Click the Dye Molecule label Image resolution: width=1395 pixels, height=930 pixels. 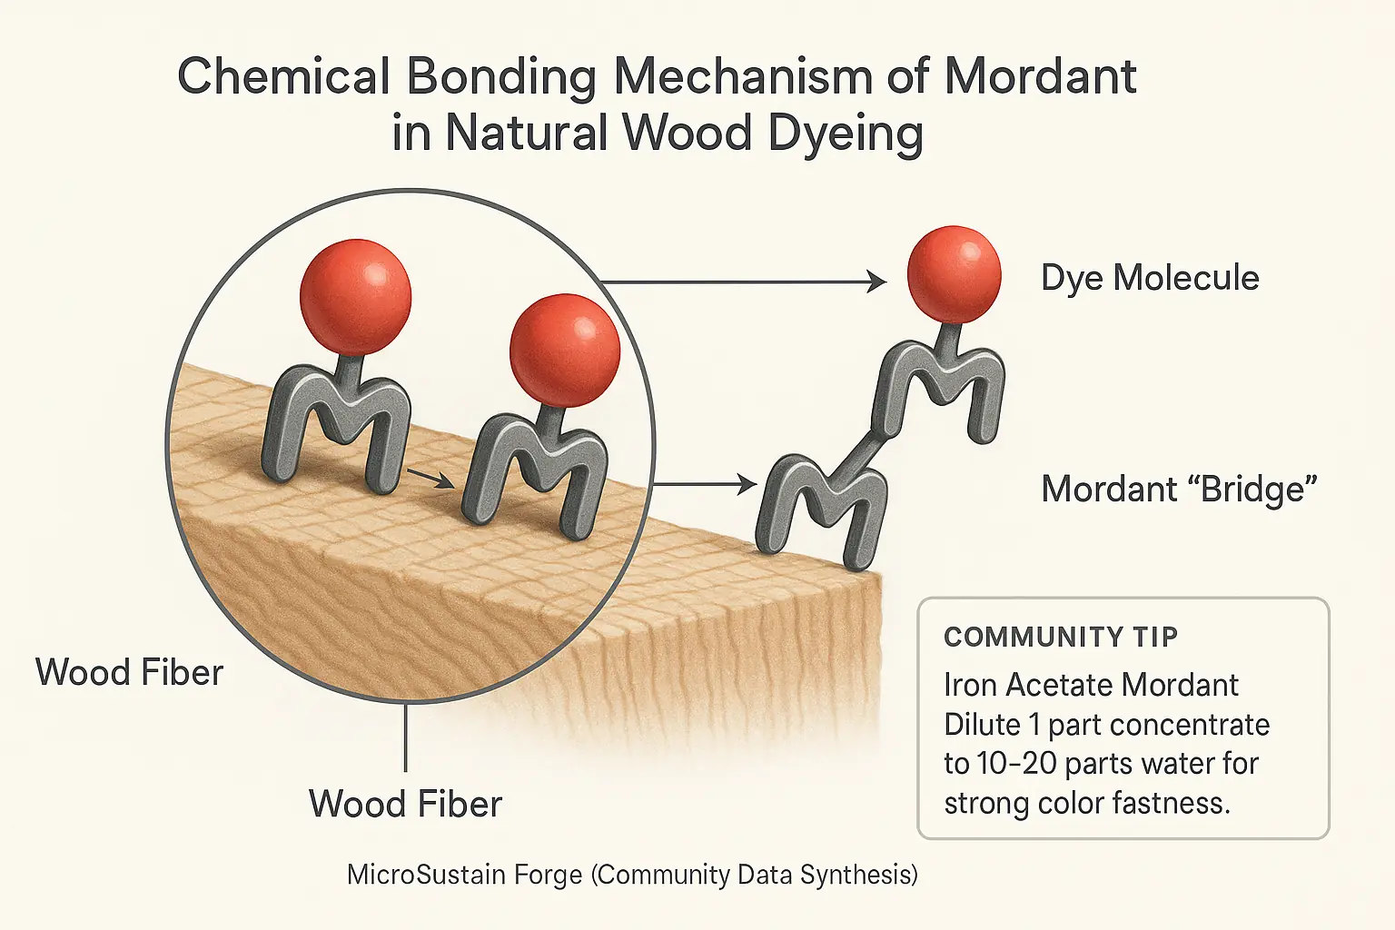click(1149, 278)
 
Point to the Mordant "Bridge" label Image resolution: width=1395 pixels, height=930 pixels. click(1179, 490)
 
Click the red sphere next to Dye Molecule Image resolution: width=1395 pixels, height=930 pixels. click(954, 274)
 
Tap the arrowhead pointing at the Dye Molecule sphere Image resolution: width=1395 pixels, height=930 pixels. click(876, 282)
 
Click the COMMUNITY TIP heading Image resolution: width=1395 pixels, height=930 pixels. click(1060, 638)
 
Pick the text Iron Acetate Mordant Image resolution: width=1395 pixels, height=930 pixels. click(1091, 685)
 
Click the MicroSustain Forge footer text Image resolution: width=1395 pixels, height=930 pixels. click(464, 875)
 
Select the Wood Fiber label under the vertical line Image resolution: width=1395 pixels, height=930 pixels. click(405, 805)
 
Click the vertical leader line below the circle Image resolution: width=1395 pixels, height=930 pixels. click(405, 736)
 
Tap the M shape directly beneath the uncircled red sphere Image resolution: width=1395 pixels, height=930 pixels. click(940, 386)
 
